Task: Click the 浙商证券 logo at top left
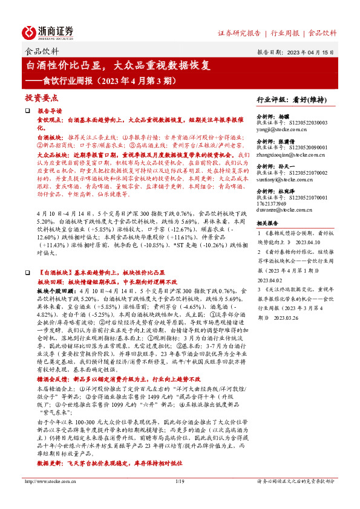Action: [x=48, y=32]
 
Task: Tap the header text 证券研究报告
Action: [x=239, y=33]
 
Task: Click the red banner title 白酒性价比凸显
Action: [x=65, y=65]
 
